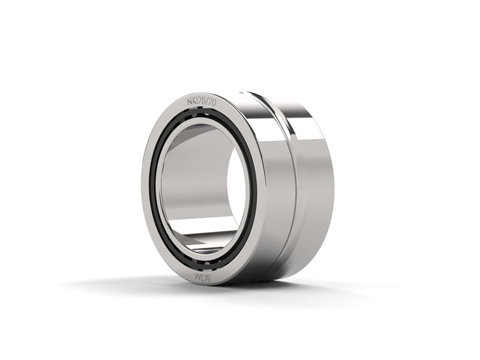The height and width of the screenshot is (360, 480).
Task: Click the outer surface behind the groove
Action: pos(315,180)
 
